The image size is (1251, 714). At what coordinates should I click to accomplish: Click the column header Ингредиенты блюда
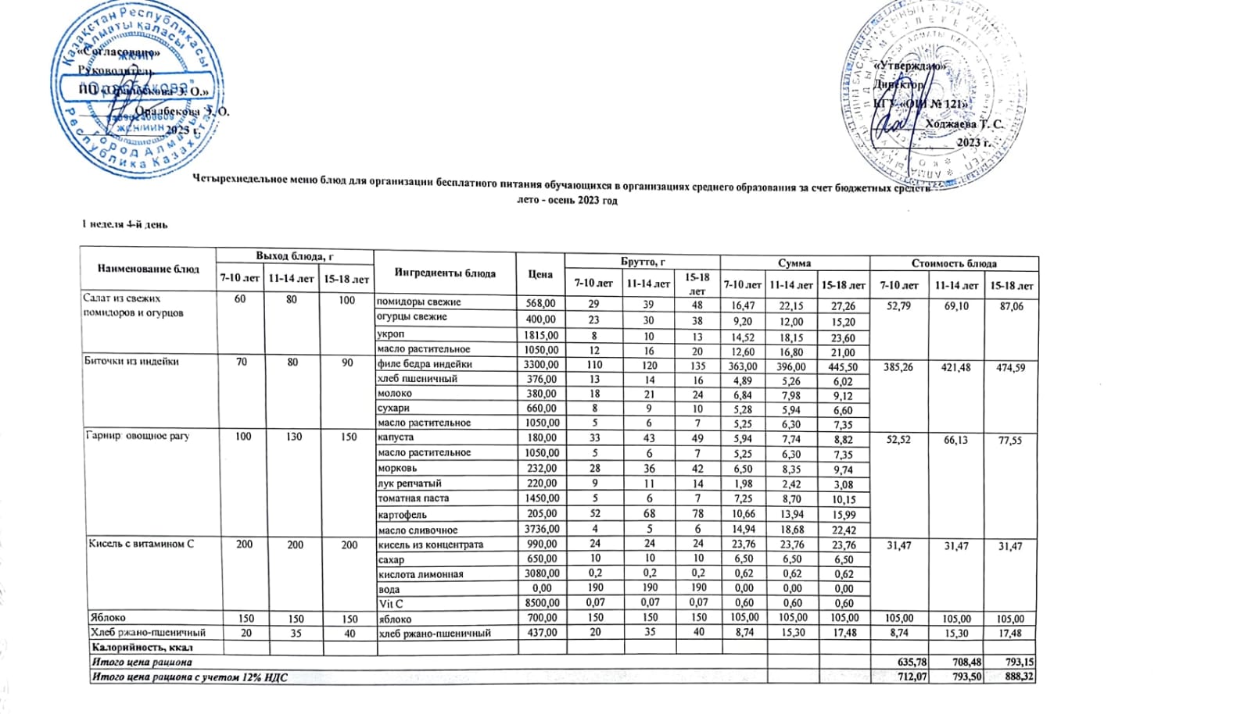pyautogui.click(x=444, y=273)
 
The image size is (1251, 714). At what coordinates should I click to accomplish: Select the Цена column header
pyautogui.click(x=540, y=273)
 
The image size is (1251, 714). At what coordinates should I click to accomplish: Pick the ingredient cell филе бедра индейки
pyautogui.click(x=425, y=364)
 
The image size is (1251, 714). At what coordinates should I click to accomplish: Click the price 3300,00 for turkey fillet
pyautogui.click(x=541, y=364)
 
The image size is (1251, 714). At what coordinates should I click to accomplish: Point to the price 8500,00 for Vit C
pyautogui.click(x=541, y=603)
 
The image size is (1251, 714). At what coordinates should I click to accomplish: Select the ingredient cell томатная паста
pyautogui.click(x=414, y=498)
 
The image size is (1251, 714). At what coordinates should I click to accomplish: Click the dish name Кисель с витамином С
pyautogui.click(x=142, y=544)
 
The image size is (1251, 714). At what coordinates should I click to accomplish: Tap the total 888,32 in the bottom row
pyautogui.click(x=1020, y=677)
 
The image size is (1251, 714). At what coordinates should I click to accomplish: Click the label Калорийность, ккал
pyautogui.click(x=142, y=648)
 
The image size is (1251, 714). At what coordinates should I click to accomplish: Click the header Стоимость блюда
pyautogui.click(x=954, y=263)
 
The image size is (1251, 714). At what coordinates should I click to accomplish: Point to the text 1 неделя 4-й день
pyautogui.click(x=125, y=225)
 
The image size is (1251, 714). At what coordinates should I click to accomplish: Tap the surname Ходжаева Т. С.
pyautogui.click(x=963, y=123)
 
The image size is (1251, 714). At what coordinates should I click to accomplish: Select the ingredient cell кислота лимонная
pyautogui.click(x=421, y=574)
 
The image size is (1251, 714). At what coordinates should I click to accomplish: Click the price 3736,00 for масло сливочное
pyautogui.click(x=541, y=530)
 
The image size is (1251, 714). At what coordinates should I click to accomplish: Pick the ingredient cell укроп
pyautogui.click(x=391, y=334)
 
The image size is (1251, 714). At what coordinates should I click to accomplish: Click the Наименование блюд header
pyautogui.click(x=148, y=269)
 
